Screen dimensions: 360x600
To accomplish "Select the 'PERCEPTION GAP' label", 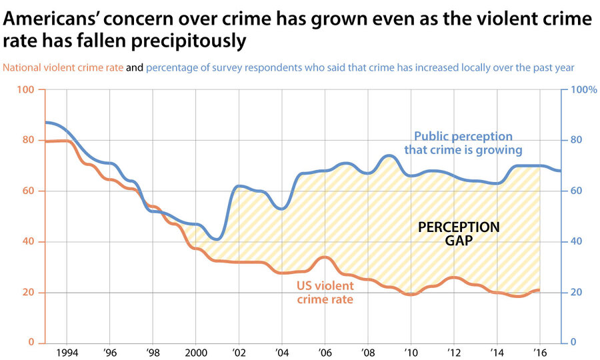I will click(x=459, y=234).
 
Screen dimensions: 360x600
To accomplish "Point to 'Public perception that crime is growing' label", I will click(x=463, y=143).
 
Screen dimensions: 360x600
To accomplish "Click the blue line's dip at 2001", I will click(x=216, y=239).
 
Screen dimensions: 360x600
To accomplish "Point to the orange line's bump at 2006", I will click(x=324, y=257).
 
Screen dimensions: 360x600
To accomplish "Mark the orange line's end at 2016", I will click(x=539, y=290).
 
